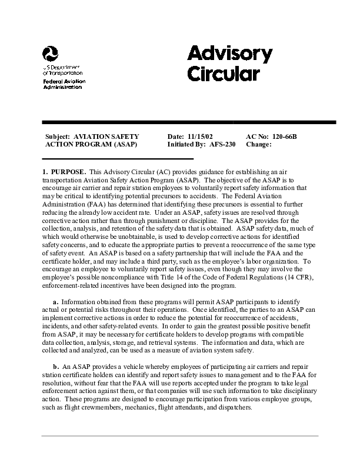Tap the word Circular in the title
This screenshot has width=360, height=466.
[223, 75]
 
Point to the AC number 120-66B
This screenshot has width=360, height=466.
[285, 137]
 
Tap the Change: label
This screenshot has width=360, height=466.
[258, 144]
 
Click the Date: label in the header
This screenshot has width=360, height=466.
[176, 137]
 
